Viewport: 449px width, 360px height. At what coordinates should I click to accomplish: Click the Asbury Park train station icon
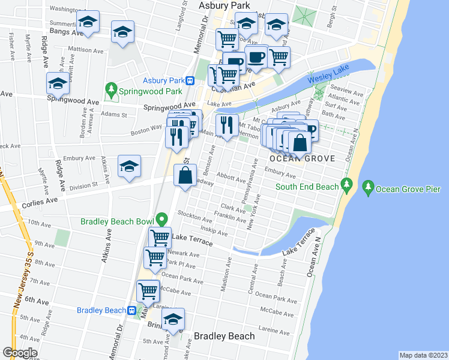coord(189,81)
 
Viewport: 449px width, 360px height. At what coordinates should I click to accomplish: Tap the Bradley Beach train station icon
coord(131,310)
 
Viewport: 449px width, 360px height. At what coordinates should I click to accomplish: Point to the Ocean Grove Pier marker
coord(368,189)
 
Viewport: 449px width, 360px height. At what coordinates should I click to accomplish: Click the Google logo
coord(20,353)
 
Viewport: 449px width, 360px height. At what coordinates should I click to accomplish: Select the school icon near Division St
coord(129,167)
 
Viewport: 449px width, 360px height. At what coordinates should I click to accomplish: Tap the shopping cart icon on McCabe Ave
coord(148,292)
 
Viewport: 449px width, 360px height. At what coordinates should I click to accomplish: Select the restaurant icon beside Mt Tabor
coord(226,125)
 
